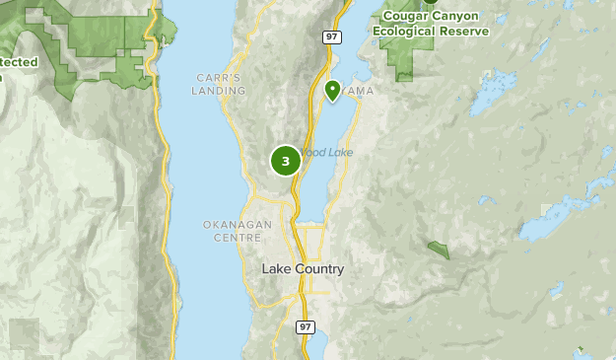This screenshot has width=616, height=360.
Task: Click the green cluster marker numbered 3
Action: point(285,161)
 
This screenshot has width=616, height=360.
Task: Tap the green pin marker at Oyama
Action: point(333,91)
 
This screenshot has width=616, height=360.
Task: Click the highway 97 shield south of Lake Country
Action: point(306,326)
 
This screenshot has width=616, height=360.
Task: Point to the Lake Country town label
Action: point(304,268)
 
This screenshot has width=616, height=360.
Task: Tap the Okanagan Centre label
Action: point(238,231)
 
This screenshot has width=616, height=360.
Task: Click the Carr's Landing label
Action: point(219,84)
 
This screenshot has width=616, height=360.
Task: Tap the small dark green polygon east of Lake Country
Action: point(439,250)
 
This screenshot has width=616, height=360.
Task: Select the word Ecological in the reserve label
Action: point(404,30)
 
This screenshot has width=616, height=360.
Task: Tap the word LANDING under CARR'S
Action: point(219,91)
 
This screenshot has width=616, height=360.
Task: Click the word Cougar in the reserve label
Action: point(403,16)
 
